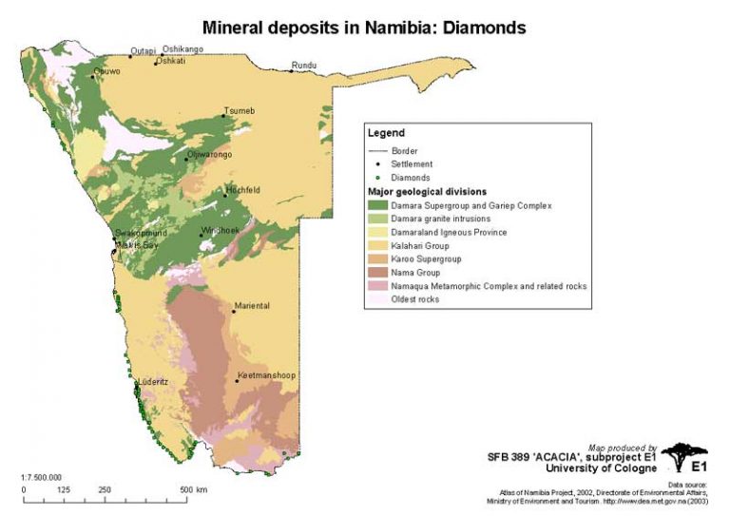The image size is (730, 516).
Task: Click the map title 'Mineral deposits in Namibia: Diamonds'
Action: [364, 28]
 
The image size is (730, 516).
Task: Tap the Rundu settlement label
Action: [304, 66]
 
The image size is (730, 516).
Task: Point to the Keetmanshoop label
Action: [267, 375]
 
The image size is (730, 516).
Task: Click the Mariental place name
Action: [252, 306]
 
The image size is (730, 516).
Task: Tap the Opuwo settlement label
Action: [107, 71]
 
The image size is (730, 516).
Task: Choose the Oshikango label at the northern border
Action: [182, 49]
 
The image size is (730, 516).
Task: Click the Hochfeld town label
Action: [243, 190]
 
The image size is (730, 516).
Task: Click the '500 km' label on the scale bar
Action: [195, 490]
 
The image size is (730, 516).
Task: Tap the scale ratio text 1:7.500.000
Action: [41, 476]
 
